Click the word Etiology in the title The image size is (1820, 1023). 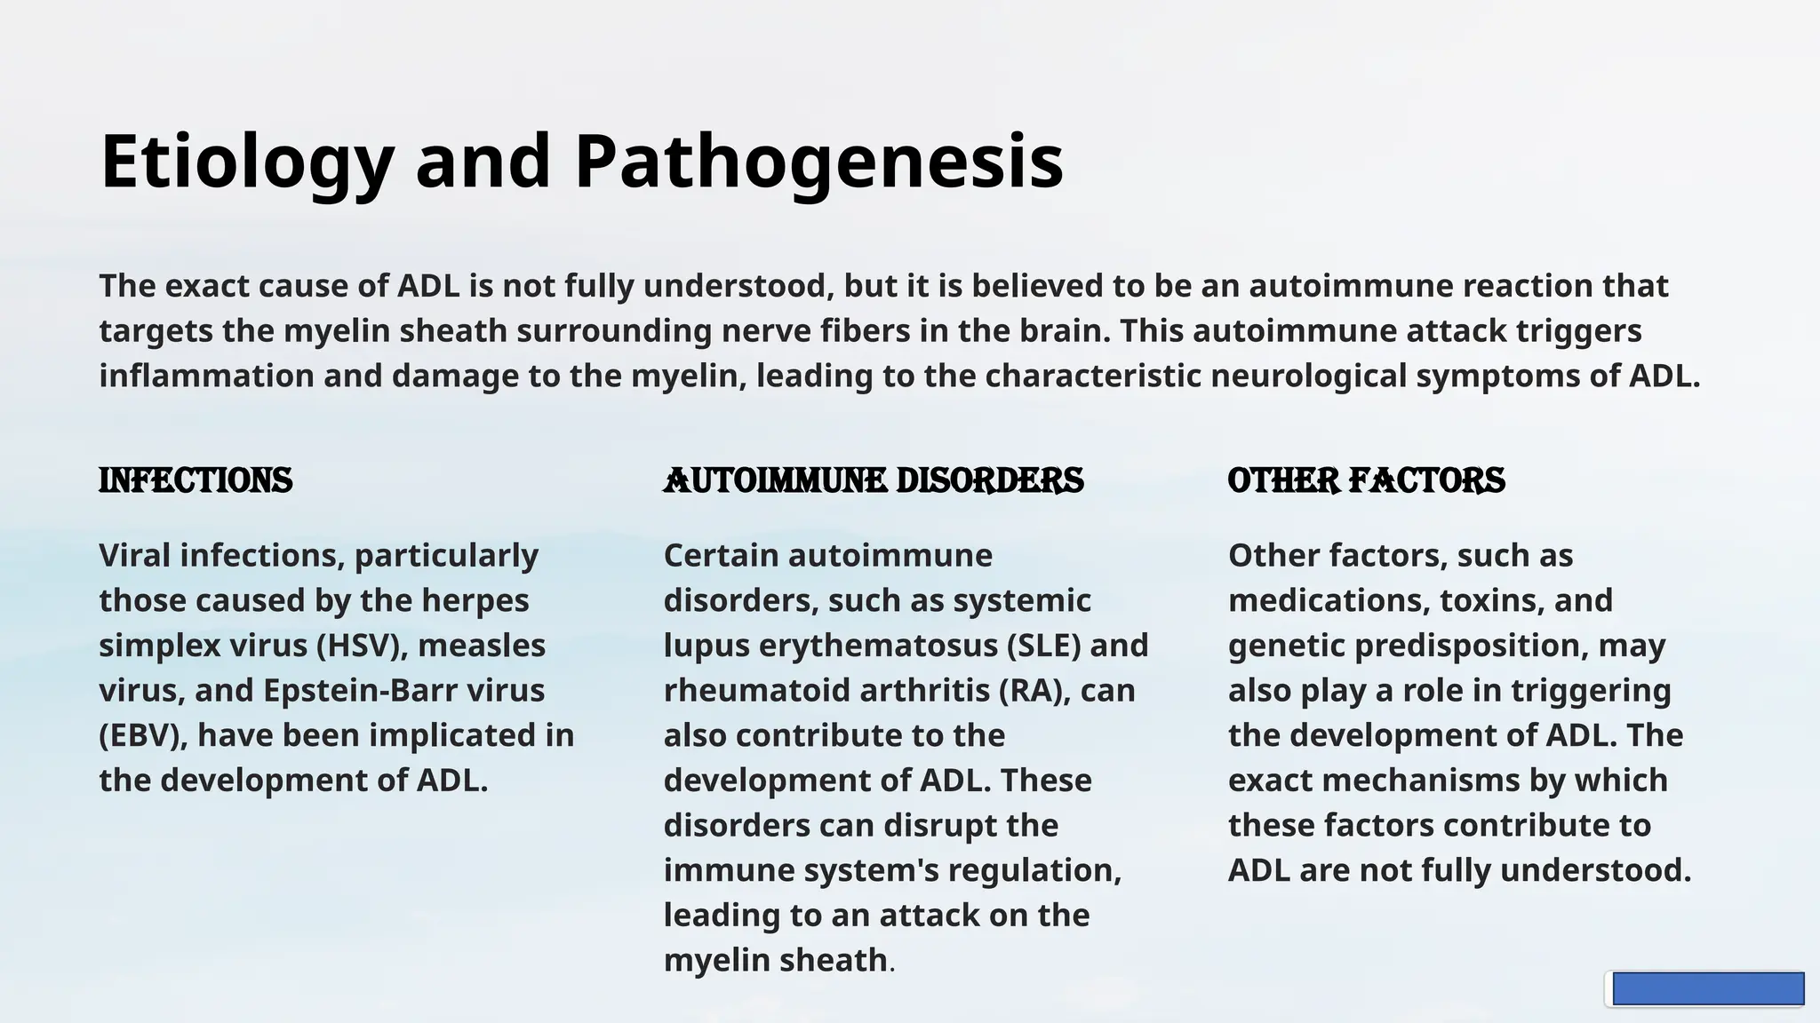point(247,163)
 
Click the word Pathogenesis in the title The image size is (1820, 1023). point(818,163)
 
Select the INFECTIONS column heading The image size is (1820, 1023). point(196,480)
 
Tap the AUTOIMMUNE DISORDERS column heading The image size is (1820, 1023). point(874,480)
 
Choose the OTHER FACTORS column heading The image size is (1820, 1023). point(1366,480)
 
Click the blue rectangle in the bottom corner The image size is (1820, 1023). point(1707,988)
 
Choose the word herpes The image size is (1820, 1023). point(475,601)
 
